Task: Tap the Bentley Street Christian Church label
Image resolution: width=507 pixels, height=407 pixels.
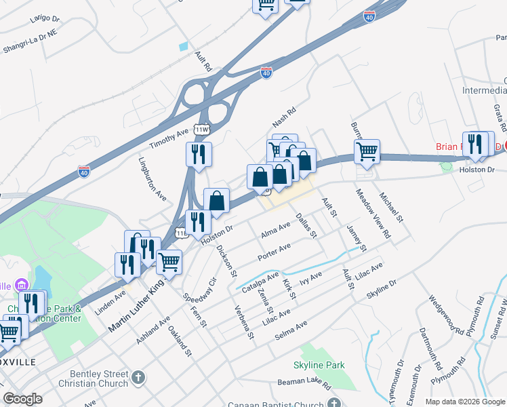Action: coord(99,379)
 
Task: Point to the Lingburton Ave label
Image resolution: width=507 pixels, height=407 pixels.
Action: coord(153,179)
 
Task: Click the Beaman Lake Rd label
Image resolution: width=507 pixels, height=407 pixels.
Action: coord(308,385)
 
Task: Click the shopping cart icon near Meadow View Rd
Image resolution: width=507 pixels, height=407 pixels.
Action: coord(367,152)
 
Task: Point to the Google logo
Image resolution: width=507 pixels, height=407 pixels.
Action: coord(23,399)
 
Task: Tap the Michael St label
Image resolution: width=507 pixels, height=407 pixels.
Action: coord(391,208)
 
